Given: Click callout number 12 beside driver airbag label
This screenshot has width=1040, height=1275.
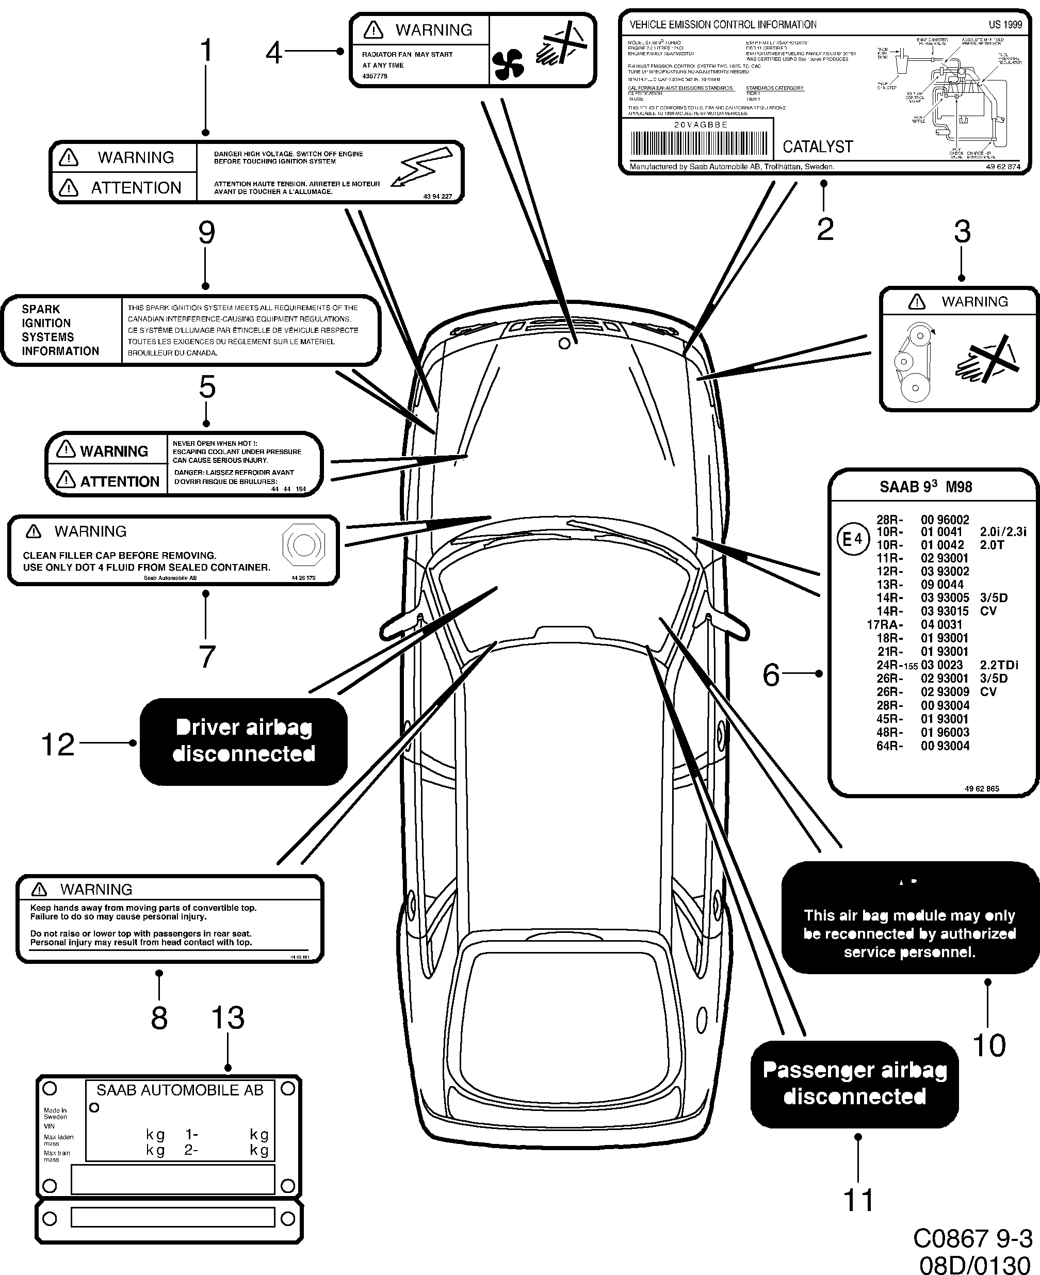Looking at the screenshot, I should click(x=57, y=745).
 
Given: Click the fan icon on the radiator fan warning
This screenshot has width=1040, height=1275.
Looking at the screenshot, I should click(x=508, y=64).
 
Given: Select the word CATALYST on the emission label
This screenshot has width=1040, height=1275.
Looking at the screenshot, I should click(x=817, y=147).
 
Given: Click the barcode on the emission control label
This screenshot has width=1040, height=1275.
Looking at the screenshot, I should click(x=698, y=144).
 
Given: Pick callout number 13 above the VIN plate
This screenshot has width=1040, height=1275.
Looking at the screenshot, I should click(x=228, y=1018).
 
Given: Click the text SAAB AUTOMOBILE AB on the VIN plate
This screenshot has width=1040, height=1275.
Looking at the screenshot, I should click(x=180, y=1090).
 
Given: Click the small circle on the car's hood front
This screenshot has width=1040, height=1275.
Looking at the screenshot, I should click(x=564, y=344).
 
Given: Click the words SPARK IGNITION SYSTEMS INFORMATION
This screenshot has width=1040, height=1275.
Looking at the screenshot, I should click(x=60, y=330).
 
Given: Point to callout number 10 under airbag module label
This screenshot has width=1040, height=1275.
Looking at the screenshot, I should click(x=989, y=1045).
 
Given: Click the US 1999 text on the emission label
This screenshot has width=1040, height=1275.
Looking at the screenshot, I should click(x=1004, y=25).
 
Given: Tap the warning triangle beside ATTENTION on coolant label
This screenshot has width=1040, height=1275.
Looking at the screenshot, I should click(x=66, y=480).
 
